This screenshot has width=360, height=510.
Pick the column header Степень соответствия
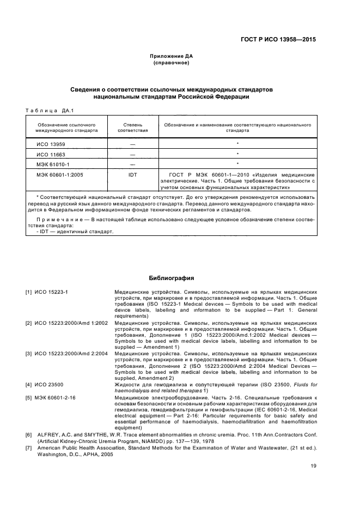132,127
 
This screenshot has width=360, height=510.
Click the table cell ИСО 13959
47,144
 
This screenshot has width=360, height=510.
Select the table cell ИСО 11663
47,154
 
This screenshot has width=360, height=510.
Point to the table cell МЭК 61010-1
49,164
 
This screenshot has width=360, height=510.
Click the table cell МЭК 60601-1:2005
56,174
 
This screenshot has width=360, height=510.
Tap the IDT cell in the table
132,174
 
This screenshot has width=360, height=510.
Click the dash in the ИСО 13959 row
132,144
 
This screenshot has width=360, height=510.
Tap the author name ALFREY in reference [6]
49,435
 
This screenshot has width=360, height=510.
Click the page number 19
313,465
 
